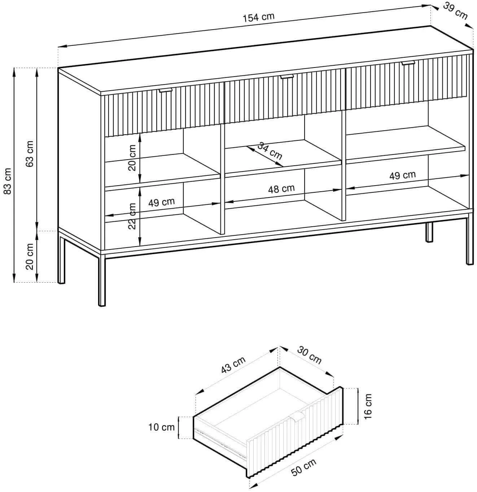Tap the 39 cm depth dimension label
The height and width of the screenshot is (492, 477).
[x=455, y=12]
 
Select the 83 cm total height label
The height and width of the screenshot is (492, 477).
[x=8, y=181]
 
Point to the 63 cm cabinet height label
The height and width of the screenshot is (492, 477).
[x=29, y=154]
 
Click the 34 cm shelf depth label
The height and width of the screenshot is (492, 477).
[x=270, y=151]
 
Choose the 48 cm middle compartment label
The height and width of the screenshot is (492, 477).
[x=281, y=189]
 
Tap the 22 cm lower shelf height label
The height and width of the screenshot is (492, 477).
[x=132, y=216]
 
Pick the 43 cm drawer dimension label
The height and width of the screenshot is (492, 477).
[x=233, y=365]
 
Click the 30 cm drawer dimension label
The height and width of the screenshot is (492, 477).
[x=309, y=355]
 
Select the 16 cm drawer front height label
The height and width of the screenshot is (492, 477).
[x=368, y=410]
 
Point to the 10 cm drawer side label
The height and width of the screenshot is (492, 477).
[x=161, y=427]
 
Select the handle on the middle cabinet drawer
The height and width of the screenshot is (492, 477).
[x=286, y=77]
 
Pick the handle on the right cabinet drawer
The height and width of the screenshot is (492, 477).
[x=408, y=63]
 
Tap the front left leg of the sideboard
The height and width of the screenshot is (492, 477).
[x=102, y=280]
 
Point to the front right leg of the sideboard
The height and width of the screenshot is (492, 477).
[x=470, y=240]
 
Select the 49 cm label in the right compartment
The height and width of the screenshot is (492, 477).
[x=402, y=175]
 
